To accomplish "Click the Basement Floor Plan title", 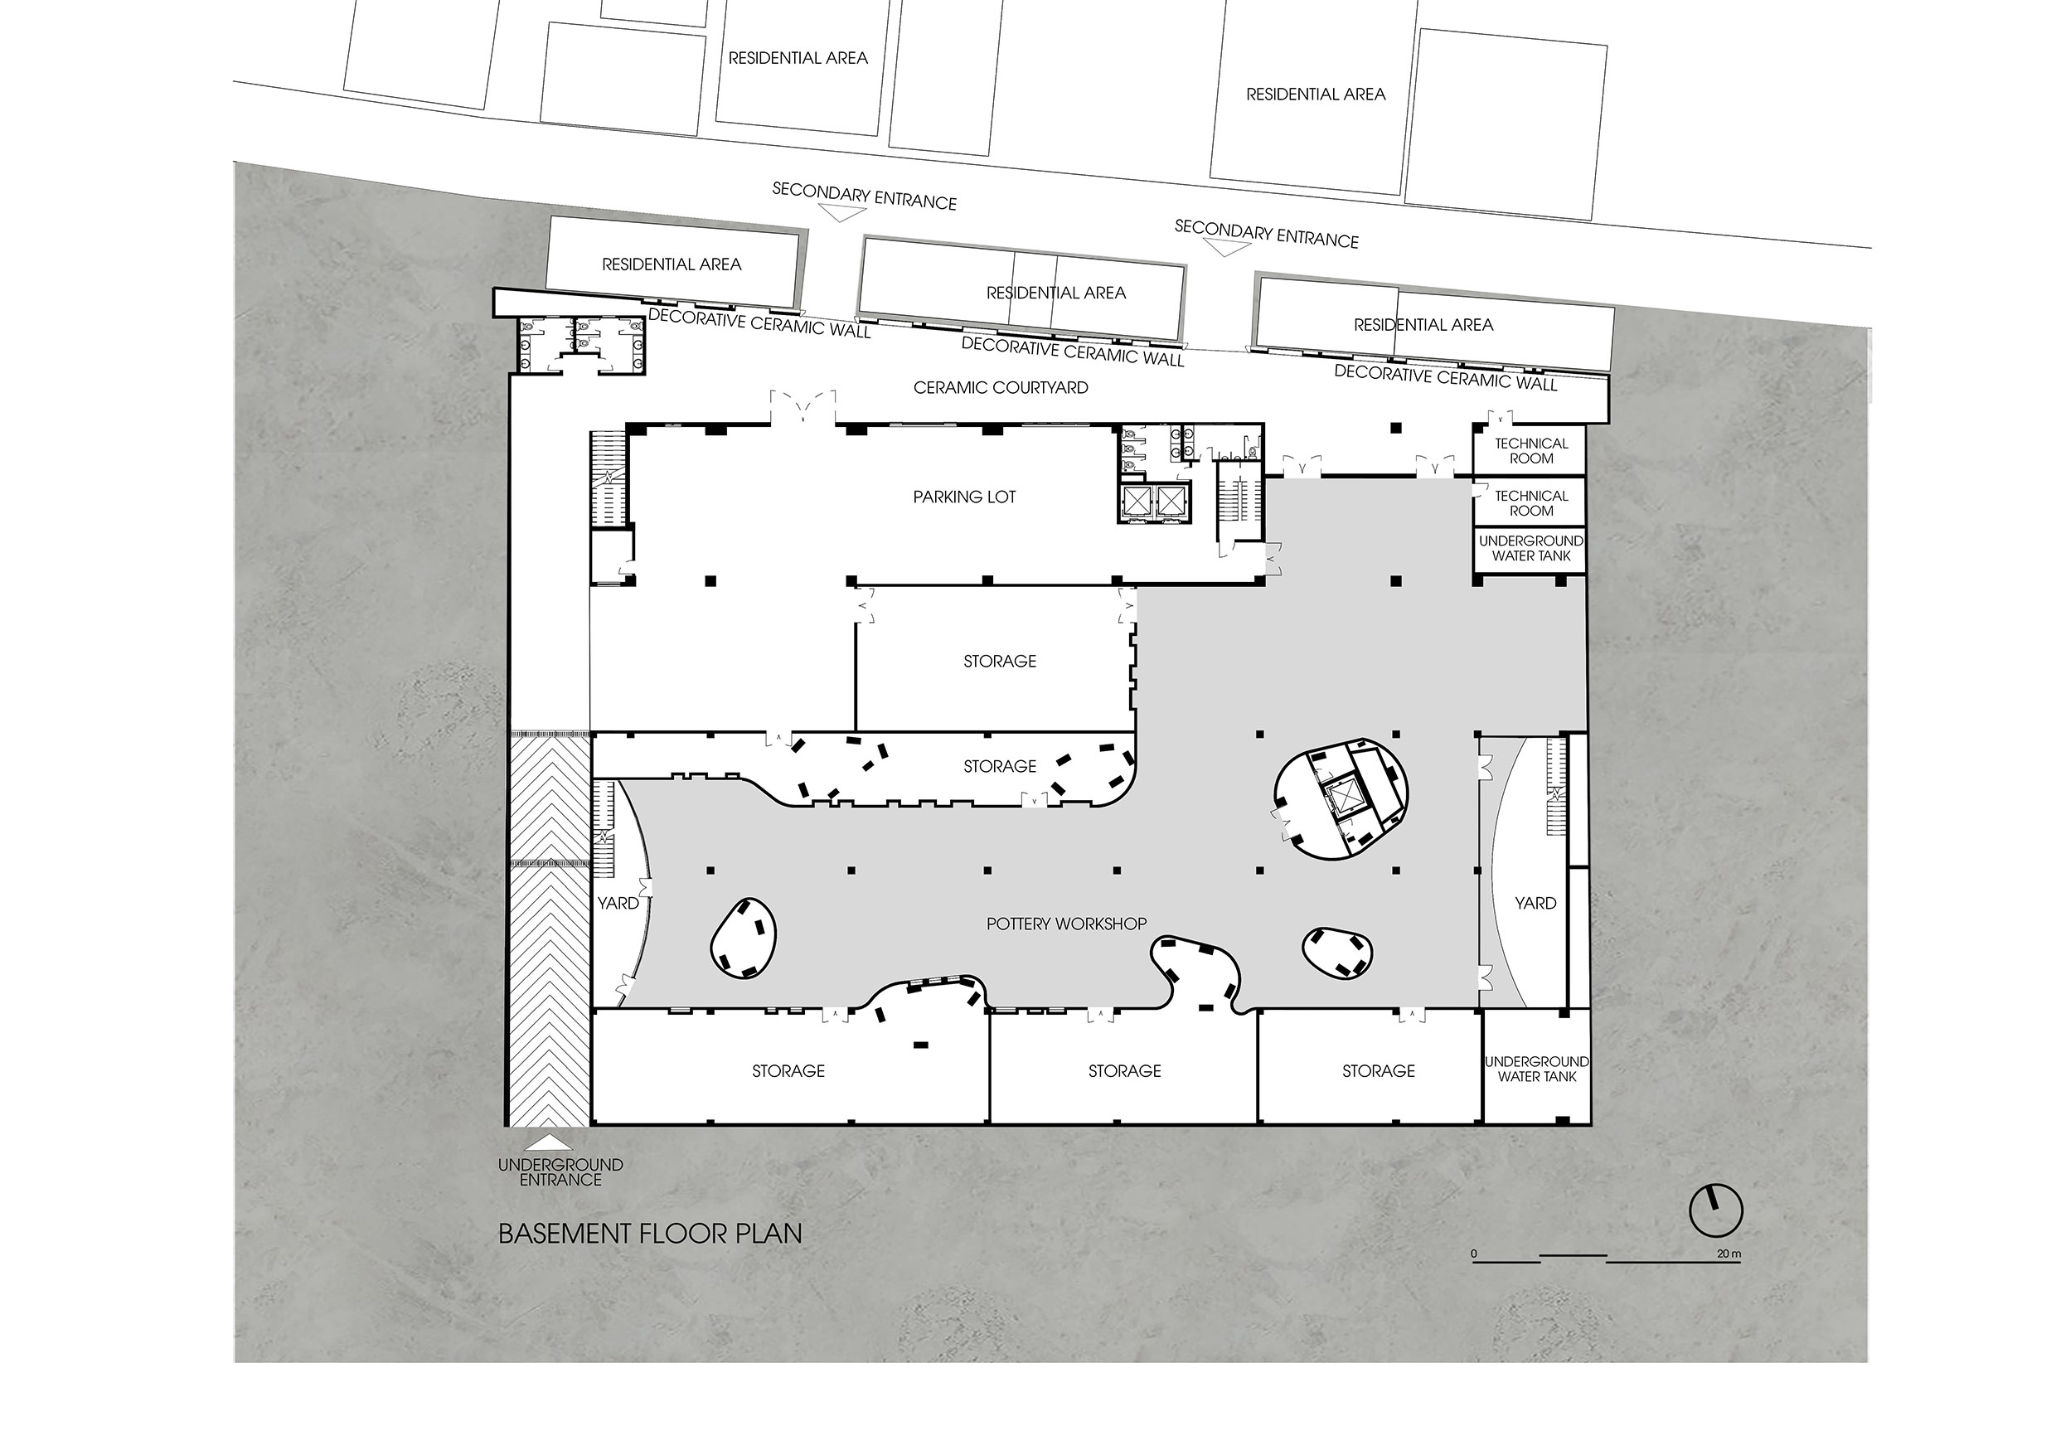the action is click(x=649, y=1234).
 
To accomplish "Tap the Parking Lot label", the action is click(x=965, y=497).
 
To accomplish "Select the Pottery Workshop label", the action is click(x=1066, y=924).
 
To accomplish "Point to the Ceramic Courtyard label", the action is click(x=1001, y=388).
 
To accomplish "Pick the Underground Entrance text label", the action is click(x=560, y=1172).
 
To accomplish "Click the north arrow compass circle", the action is click(x=1715, y=1211).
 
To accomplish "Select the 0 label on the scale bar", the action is click(x=1474, y=1254).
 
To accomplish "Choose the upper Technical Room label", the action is click(x=1531, y=451).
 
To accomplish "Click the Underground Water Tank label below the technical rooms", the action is click(x=1531, y=548).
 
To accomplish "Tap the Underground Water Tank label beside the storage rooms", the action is click(x=1537, y=1069).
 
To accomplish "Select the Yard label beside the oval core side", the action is click(x=1535, y=903).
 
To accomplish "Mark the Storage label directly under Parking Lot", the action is click(x=1000, y=662).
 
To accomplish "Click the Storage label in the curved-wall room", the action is click(x=1000, y=766).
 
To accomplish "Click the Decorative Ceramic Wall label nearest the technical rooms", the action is click(x=1446, y=377).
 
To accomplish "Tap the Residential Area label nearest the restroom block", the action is click(x=672, y=264).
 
